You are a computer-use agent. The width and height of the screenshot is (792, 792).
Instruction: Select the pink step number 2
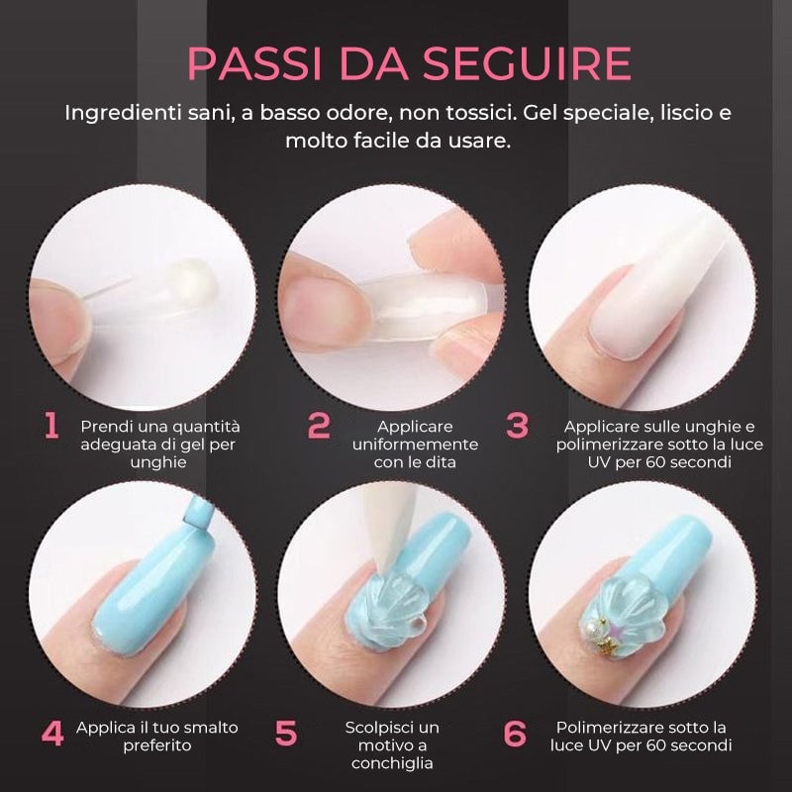[x=318, y=426]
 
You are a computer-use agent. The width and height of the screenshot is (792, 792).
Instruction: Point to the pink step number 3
[x=517, y=426]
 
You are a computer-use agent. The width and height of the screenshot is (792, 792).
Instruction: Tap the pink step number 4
[x=52, y=734]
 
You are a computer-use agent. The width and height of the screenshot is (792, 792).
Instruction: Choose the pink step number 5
[x=286, y=734]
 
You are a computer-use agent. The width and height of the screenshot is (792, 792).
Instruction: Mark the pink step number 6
[x=515, y=734]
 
